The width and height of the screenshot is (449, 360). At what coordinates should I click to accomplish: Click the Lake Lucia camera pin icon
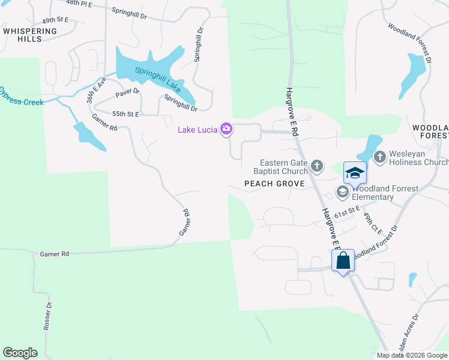coord(226,129)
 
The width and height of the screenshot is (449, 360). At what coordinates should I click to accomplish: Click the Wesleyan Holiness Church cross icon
coord(379,157)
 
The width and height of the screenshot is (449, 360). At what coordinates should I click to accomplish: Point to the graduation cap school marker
coord(355,173)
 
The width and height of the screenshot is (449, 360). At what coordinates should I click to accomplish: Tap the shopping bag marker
coord(343,261)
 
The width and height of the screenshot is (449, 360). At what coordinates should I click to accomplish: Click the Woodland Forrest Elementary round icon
coord(343,193)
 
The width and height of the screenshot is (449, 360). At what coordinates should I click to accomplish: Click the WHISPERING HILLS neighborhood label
coord(30,35)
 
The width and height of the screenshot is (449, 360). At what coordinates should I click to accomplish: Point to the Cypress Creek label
coord(22,97)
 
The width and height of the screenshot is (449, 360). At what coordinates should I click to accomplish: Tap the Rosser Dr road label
coord(48,318)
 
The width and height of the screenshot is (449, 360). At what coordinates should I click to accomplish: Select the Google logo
coord(20,353)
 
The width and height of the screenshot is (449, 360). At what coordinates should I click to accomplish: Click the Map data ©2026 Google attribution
coord(412,355)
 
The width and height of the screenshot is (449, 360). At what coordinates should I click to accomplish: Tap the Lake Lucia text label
coord(198,130)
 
